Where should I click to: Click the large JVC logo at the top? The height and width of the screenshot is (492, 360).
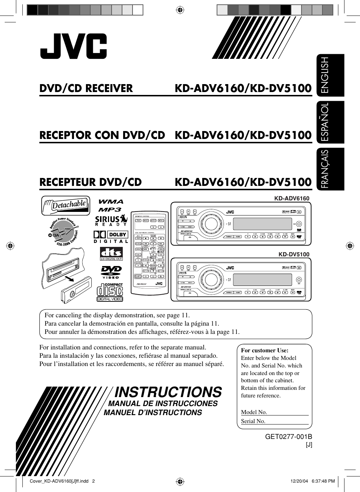pyautogui.click(x=73, y=46)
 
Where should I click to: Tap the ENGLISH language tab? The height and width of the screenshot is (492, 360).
pyautogui.click(x=330, y=75)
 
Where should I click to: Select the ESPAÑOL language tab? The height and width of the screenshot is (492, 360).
pyautogui.click(x=330, y=122)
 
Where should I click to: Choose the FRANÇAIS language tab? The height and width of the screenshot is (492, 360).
pyautogui.click(x=330, y=169)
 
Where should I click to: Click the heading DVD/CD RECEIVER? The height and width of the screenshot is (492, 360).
pyautogui.click(x=86, y=88)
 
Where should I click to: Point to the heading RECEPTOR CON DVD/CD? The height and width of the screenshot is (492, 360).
pyautogui.click(x=102, y=135)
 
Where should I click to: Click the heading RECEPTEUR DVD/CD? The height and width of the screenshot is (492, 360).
pyautogui.click(x=90, y=182)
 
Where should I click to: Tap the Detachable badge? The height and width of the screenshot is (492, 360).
pyautogui.click(x=65, y=205)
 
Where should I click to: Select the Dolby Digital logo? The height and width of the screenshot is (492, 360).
pyautogui.click(x=111, y=237)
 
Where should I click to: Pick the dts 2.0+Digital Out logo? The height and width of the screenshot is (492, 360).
pyautogui.click(x=111, y=254)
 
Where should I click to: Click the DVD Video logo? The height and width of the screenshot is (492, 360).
pyautogui.click(x=111, y=272)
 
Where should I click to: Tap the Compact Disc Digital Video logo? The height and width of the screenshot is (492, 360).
pyautogui.click(x=110, y=292)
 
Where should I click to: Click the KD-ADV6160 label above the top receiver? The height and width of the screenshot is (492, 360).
pyautogui.click(x=291, y=198)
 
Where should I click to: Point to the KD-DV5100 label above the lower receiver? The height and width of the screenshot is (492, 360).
pyautogui.click(x=294, y=254)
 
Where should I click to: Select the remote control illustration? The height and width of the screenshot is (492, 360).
pyautogui.click(x=149, y=249)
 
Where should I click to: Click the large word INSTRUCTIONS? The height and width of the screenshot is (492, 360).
pyautogui.click(x=168, y=392)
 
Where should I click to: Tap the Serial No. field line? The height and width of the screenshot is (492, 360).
pyautogui.click(x=287, y=421)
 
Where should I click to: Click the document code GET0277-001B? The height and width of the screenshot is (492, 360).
pyautogui.click(x=288, y=436)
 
